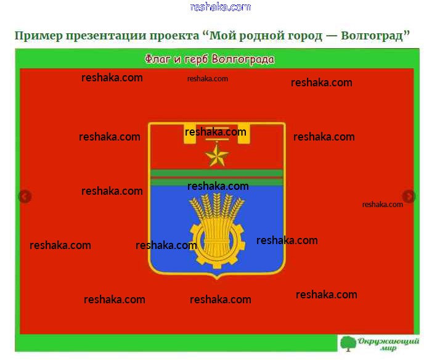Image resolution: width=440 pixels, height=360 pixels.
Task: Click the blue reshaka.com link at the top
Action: click(x=220, y=7)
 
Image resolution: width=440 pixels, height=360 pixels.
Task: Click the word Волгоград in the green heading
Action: click(x=372, y=36)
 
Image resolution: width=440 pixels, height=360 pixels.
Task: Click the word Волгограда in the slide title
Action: click(x=243, y=59)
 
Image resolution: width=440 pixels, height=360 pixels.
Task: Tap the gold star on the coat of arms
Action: click(x=217, y=155)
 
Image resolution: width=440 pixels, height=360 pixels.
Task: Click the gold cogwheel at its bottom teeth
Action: click(x=216, y=263)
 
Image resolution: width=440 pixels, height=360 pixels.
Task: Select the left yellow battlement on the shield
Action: click(x=189, y=133)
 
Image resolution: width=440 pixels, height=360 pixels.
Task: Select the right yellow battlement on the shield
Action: click(x=243, y=133)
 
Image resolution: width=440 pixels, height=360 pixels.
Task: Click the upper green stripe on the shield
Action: click(x=217, y=173)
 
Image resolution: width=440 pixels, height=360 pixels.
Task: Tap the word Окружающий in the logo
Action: click(x=388, y=342)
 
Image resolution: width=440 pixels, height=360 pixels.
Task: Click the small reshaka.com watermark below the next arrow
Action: click(x=383, y=205)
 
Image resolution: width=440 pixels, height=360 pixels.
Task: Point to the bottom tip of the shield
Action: click(x=217, y=279)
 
